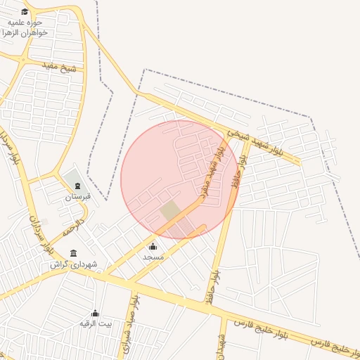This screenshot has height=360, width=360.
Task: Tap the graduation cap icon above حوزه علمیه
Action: tap(25, 11)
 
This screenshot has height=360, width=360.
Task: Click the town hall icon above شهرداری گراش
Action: tap(74, 253)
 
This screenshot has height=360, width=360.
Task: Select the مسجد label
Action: tap(153, 257)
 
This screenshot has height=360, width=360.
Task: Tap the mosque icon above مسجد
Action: tap(153, 246)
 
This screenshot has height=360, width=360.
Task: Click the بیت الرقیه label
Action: tap(95, 324)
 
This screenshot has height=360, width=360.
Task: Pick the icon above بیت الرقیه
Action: tap(96, 313)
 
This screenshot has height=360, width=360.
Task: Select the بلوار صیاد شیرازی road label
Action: tap(131, 328)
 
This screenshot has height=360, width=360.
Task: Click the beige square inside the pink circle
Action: tap(169, 210)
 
